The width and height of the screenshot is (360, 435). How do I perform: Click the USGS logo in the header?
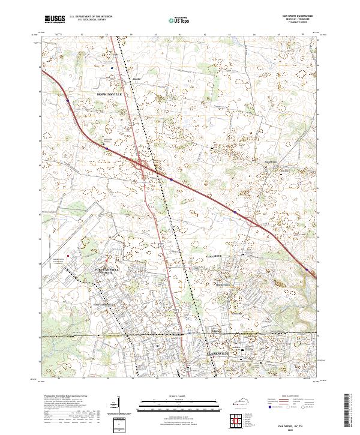[x=55, y=19]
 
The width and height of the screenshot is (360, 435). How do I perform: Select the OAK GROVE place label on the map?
[x=211, y=256]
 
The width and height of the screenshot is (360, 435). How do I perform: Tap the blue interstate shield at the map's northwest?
[x=68, y=100]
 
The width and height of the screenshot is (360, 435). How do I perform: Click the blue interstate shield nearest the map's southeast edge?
[x=308, y=271]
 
